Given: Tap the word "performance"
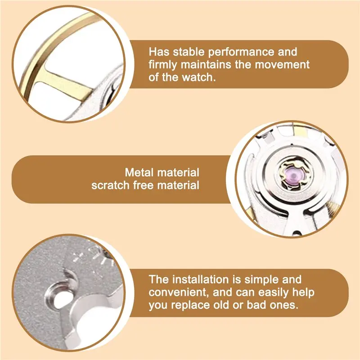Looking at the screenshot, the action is [241, 52].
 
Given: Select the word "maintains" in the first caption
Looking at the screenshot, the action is [206, 64].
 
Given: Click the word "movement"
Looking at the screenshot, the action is [282, 65].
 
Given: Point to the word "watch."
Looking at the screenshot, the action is [199, 77].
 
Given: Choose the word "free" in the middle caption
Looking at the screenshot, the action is [143, 185].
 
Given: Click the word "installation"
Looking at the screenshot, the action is [200, 279].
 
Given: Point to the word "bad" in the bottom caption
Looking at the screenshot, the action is [256, 305].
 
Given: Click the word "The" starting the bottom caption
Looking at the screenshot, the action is [159, 279].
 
